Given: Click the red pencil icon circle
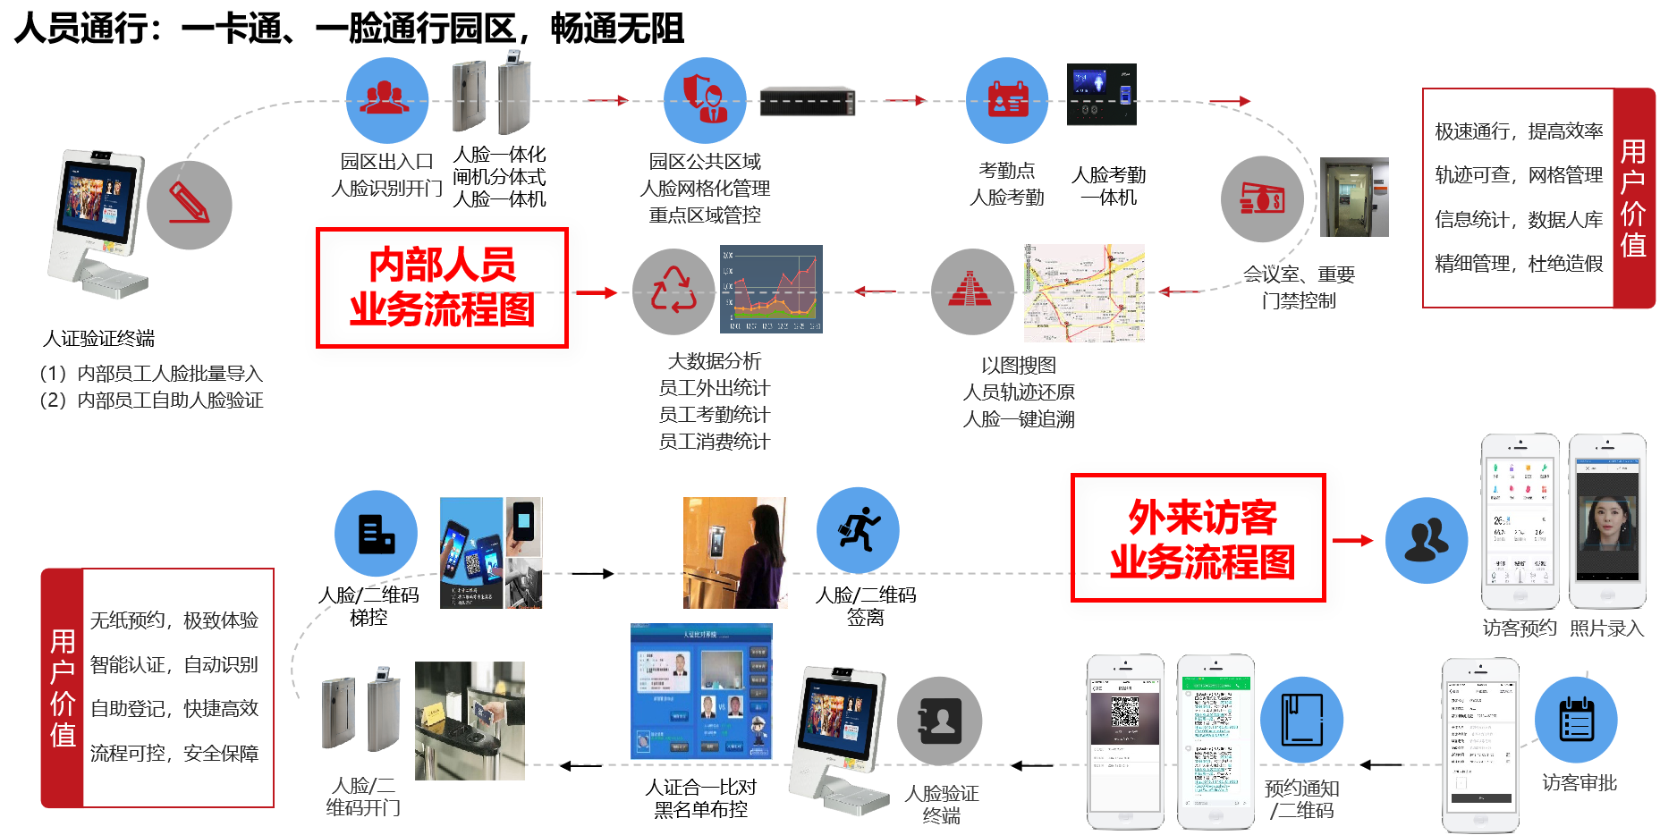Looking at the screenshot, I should pos(190,206).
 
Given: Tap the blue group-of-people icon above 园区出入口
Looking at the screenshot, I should pos(386,100).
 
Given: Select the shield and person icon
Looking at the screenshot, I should pos(705,100).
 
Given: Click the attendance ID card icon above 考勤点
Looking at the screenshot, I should pos(1007,100).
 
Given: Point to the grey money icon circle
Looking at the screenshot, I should pos(1263,198).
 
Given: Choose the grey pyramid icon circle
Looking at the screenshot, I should pos(972,291).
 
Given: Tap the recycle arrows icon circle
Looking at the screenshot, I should pos(673,291).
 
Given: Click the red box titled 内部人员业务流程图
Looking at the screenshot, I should pos(442,287).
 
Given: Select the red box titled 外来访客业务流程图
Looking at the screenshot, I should pos(1198,537).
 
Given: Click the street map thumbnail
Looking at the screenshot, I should pos(1084,293).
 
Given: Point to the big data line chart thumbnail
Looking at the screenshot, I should pos(771,289).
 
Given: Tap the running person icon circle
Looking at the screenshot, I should pos(858,530).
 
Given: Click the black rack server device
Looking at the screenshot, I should pos(807,102).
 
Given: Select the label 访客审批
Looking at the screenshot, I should pos(1579,783).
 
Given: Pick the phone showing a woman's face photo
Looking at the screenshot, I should pos(1607,520).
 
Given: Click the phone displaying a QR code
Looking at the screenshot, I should pos(1125,742).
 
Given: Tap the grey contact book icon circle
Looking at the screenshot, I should pos(939,721).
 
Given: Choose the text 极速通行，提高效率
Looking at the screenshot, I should pos(1519,131).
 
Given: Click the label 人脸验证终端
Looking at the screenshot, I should pos(941,804).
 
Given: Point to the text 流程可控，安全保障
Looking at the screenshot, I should pos(174,754).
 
